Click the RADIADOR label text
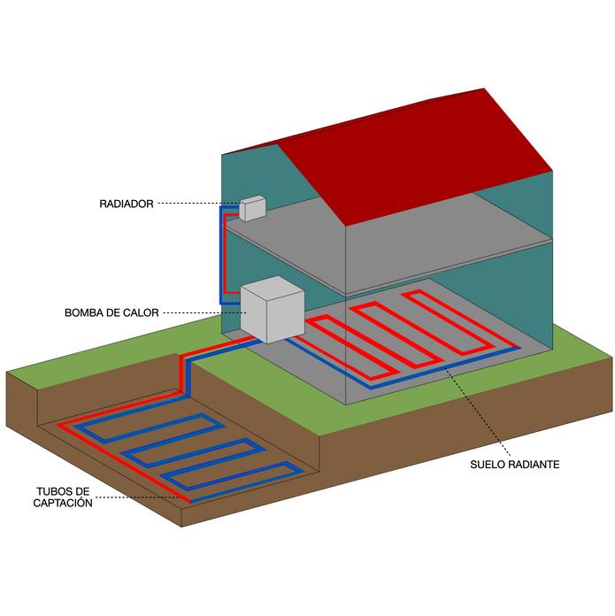[126, 204]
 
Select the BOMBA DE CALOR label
[111, 312]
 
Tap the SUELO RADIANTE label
[515, 464]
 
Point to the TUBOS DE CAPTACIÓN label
[64, 497]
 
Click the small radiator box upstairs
[252, 207]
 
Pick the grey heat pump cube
[271, 311]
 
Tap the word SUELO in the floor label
[489, 464]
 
